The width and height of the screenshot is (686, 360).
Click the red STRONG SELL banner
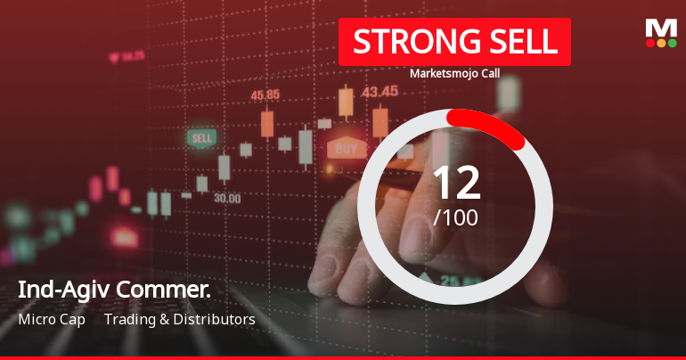[454, 42]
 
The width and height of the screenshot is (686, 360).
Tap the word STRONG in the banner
[412, 42]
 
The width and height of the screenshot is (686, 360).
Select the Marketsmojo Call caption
[454, 74]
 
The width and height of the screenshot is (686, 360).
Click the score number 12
[455, 183]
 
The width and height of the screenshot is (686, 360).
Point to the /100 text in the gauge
[455, 217]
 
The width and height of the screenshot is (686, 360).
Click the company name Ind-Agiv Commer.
[113, 290]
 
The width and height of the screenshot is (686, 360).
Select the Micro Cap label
[51, 319]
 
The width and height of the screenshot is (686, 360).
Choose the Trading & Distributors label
[179, 319]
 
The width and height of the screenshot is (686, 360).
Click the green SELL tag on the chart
[202, 138]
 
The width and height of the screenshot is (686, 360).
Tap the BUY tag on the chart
[347, 148]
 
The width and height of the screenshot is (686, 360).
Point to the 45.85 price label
[265, 95]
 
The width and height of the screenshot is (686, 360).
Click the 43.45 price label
[380, 91]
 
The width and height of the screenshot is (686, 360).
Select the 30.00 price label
[226, 198]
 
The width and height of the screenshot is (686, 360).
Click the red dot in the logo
[649, 43]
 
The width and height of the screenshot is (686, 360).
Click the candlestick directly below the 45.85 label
[266, 124]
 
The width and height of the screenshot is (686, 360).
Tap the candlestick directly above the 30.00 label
[224, 168]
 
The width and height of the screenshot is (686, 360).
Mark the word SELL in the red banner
[517, 42]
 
